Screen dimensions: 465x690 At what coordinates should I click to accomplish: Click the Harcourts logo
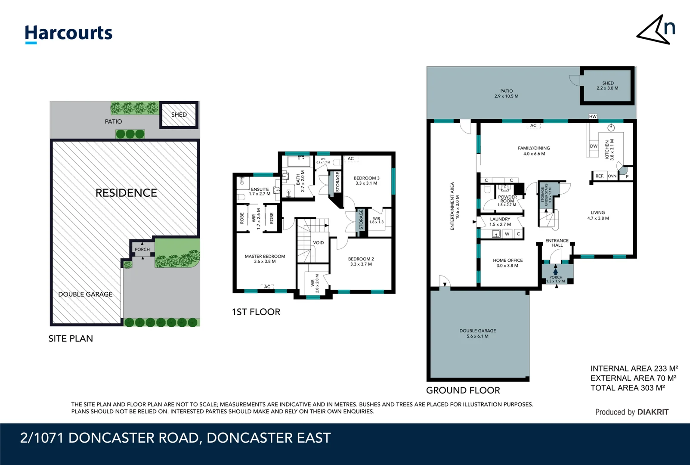(x=68, y=34)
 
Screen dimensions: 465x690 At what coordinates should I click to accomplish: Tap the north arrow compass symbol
(x=656, y=30)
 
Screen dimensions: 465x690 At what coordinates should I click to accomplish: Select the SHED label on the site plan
(x=179, y=115)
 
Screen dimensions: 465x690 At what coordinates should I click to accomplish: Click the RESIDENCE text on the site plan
(x=126, y=193)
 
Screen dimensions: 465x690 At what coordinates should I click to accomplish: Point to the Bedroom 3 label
(x=366, y=180)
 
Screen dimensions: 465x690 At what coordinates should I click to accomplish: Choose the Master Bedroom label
(x=265, y=259)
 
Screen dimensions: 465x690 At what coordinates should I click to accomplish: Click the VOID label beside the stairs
(x=319, y=243)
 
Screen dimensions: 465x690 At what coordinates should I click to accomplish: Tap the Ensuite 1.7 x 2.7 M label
(x=260, y=192)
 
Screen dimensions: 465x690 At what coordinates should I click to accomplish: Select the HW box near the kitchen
(x=593, y=116)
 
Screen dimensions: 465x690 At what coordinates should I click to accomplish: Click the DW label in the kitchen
(x=594, y=146)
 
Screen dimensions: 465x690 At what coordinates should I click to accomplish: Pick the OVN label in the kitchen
(x=612, y=176)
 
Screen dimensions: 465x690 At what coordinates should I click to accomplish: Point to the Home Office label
(x=507, y=263)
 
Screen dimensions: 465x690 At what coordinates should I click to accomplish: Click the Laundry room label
(x=500, y=221)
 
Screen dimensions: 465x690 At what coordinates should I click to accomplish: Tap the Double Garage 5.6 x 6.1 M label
(x=477, y=333)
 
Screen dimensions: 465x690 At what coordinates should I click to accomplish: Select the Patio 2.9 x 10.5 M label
(x=506, y=93)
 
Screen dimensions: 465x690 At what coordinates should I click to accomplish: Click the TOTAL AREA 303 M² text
(x=627, y=388)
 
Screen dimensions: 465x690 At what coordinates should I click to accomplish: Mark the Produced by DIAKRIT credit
(x=631, y=412)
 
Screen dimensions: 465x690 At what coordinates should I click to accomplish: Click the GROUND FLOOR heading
(x=463, y=391)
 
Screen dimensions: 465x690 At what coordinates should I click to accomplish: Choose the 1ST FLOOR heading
(x=256, y=312)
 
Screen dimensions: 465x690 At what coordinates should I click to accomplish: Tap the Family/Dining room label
(x=534, y=151)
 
